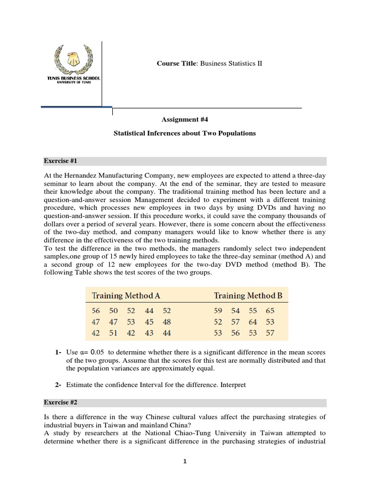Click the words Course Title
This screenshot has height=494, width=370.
pyautogui.click(x=171, y=64)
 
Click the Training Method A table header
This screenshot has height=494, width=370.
pyautogui.click(x=126, y=295)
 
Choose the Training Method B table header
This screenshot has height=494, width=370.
pyautogui.click(x=248, y=295)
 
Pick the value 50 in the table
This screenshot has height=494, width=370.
pyautogui.click(x=114, y=311)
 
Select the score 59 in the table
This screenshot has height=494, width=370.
pyautogui.click(x=218, y=311)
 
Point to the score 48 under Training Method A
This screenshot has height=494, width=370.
pyautogui.click(x=167, y=322)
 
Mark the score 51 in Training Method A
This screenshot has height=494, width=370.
pyautogui.click(x=114, y=332)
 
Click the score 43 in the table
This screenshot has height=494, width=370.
pyautogui.click(x=149, y=332)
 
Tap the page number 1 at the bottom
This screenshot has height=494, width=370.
pyautogui.click(x=185, y=461)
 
